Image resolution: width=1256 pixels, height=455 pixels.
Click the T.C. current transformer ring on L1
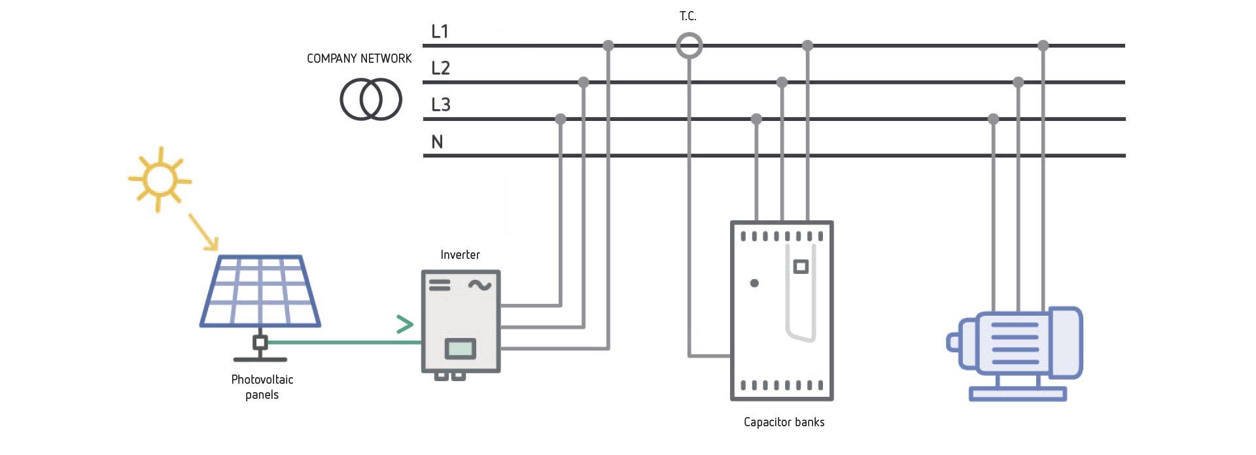point(689,46)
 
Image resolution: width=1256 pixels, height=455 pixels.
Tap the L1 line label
point(440,31)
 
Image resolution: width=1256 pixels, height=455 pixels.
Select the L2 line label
point(440,67)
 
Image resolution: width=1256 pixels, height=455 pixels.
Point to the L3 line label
point(440,105)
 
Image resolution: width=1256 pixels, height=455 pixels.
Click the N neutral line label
point(437,142)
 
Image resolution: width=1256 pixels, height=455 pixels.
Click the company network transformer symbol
point(370,99)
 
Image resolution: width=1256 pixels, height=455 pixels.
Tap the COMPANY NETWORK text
point(359,58)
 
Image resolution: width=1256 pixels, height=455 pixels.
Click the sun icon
point(159,179)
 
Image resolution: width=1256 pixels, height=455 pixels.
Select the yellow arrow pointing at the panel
point(203,231)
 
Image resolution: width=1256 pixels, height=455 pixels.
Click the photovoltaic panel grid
point(260,290)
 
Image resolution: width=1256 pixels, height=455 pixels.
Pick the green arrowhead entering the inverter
point(405,324)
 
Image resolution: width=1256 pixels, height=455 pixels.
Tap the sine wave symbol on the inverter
point(480,285)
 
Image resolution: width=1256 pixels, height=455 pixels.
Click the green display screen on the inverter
point(461,348)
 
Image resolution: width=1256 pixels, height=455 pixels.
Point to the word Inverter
point(460,254)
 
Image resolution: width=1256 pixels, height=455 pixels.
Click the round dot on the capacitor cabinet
point(754,283)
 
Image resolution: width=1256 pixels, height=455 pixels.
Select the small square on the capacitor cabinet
point(801,267)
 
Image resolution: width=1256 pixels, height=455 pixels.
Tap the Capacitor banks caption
point(784,422)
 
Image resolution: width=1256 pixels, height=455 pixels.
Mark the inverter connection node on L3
point(560,119)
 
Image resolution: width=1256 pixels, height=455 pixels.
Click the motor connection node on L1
point(1043,46)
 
